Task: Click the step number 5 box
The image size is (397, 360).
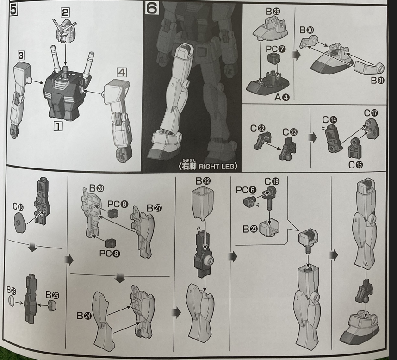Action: (13, 10)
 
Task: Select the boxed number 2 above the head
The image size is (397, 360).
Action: (65, 12)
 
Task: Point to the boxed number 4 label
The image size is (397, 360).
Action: (122, 73)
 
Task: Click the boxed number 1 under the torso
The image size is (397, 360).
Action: (58, 126)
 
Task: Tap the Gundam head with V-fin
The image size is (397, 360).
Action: (65, 31)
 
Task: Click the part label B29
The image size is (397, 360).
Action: (273, 12)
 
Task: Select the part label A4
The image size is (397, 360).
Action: (282, 97)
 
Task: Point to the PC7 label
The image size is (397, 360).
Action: (275, 49)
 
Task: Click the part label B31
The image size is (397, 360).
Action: (378, 80)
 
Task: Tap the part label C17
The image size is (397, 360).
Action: (371, 113)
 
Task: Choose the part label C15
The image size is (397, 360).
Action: (355, 165)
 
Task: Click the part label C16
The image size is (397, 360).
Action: (18, 207)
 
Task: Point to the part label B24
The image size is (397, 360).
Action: (84, 316)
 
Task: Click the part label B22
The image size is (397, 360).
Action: (203, 181)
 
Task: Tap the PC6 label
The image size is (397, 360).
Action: (246, 190)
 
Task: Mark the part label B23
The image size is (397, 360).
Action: (250, 229)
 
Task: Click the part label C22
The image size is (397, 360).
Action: (257, 128)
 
